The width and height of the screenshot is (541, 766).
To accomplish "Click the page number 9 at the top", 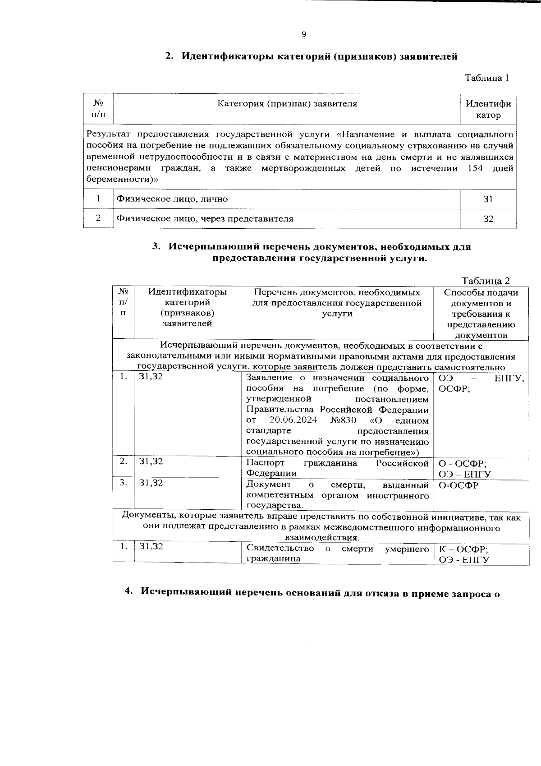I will pyautogui.click(x=303, y=35).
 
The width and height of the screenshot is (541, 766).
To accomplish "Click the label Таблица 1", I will pyautogui.click(x=487, y=78).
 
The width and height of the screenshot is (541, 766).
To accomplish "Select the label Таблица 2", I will pyautogui.click(x=486, y=281).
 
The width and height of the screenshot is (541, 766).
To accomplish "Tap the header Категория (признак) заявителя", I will pyautogui.click(x=287, y=104).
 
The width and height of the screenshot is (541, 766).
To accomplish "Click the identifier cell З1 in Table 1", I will pyautogui.click(x=488, y=199).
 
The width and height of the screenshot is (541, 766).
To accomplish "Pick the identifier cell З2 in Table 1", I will pyautogui.click(x=488, y=219).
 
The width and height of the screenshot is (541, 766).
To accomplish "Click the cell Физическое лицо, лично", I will pyautogui.click(x=172, y=199).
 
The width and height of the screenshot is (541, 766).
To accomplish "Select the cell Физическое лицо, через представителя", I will pyautogui.click(x=205, y=219).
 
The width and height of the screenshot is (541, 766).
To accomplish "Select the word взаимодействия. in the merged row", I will pyautogui.click(x=322, y=538).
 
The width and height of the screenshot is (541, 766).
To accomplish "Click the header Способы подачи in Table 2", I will pyautogui.click(x=481, y=292).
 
